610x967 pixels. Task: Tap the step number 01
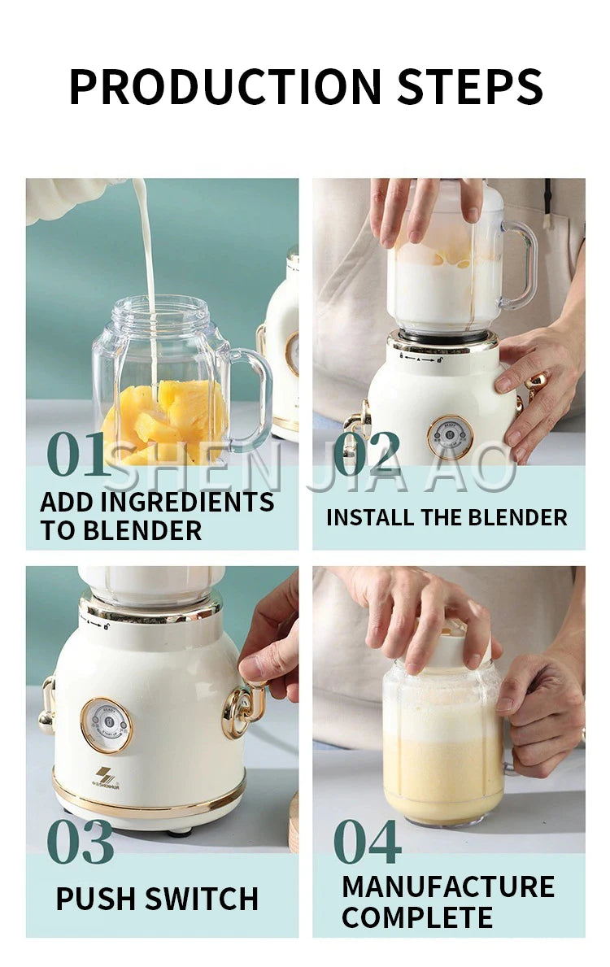pyautogui.click(x=76, y=454)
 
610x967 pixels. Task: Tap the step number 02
pyautogui.click(x=367, y=454)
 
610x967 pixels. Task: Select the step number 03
pyautogui.click(x=80, y=841)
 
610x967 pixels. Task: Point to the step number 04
pyautogui.click(x=368, y=841)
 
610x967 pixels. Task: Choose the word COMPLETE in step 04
pyautogui.click(x=417, y=917)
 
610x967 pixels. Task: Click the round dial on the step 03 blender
pyautogui.click(x=107, y=725)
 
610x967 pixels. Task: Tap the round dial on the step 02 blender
pyautogui.click(x=450, y=438)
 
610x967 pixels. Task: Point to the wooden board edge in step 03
pyautogui.click(x=293, y=821)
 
